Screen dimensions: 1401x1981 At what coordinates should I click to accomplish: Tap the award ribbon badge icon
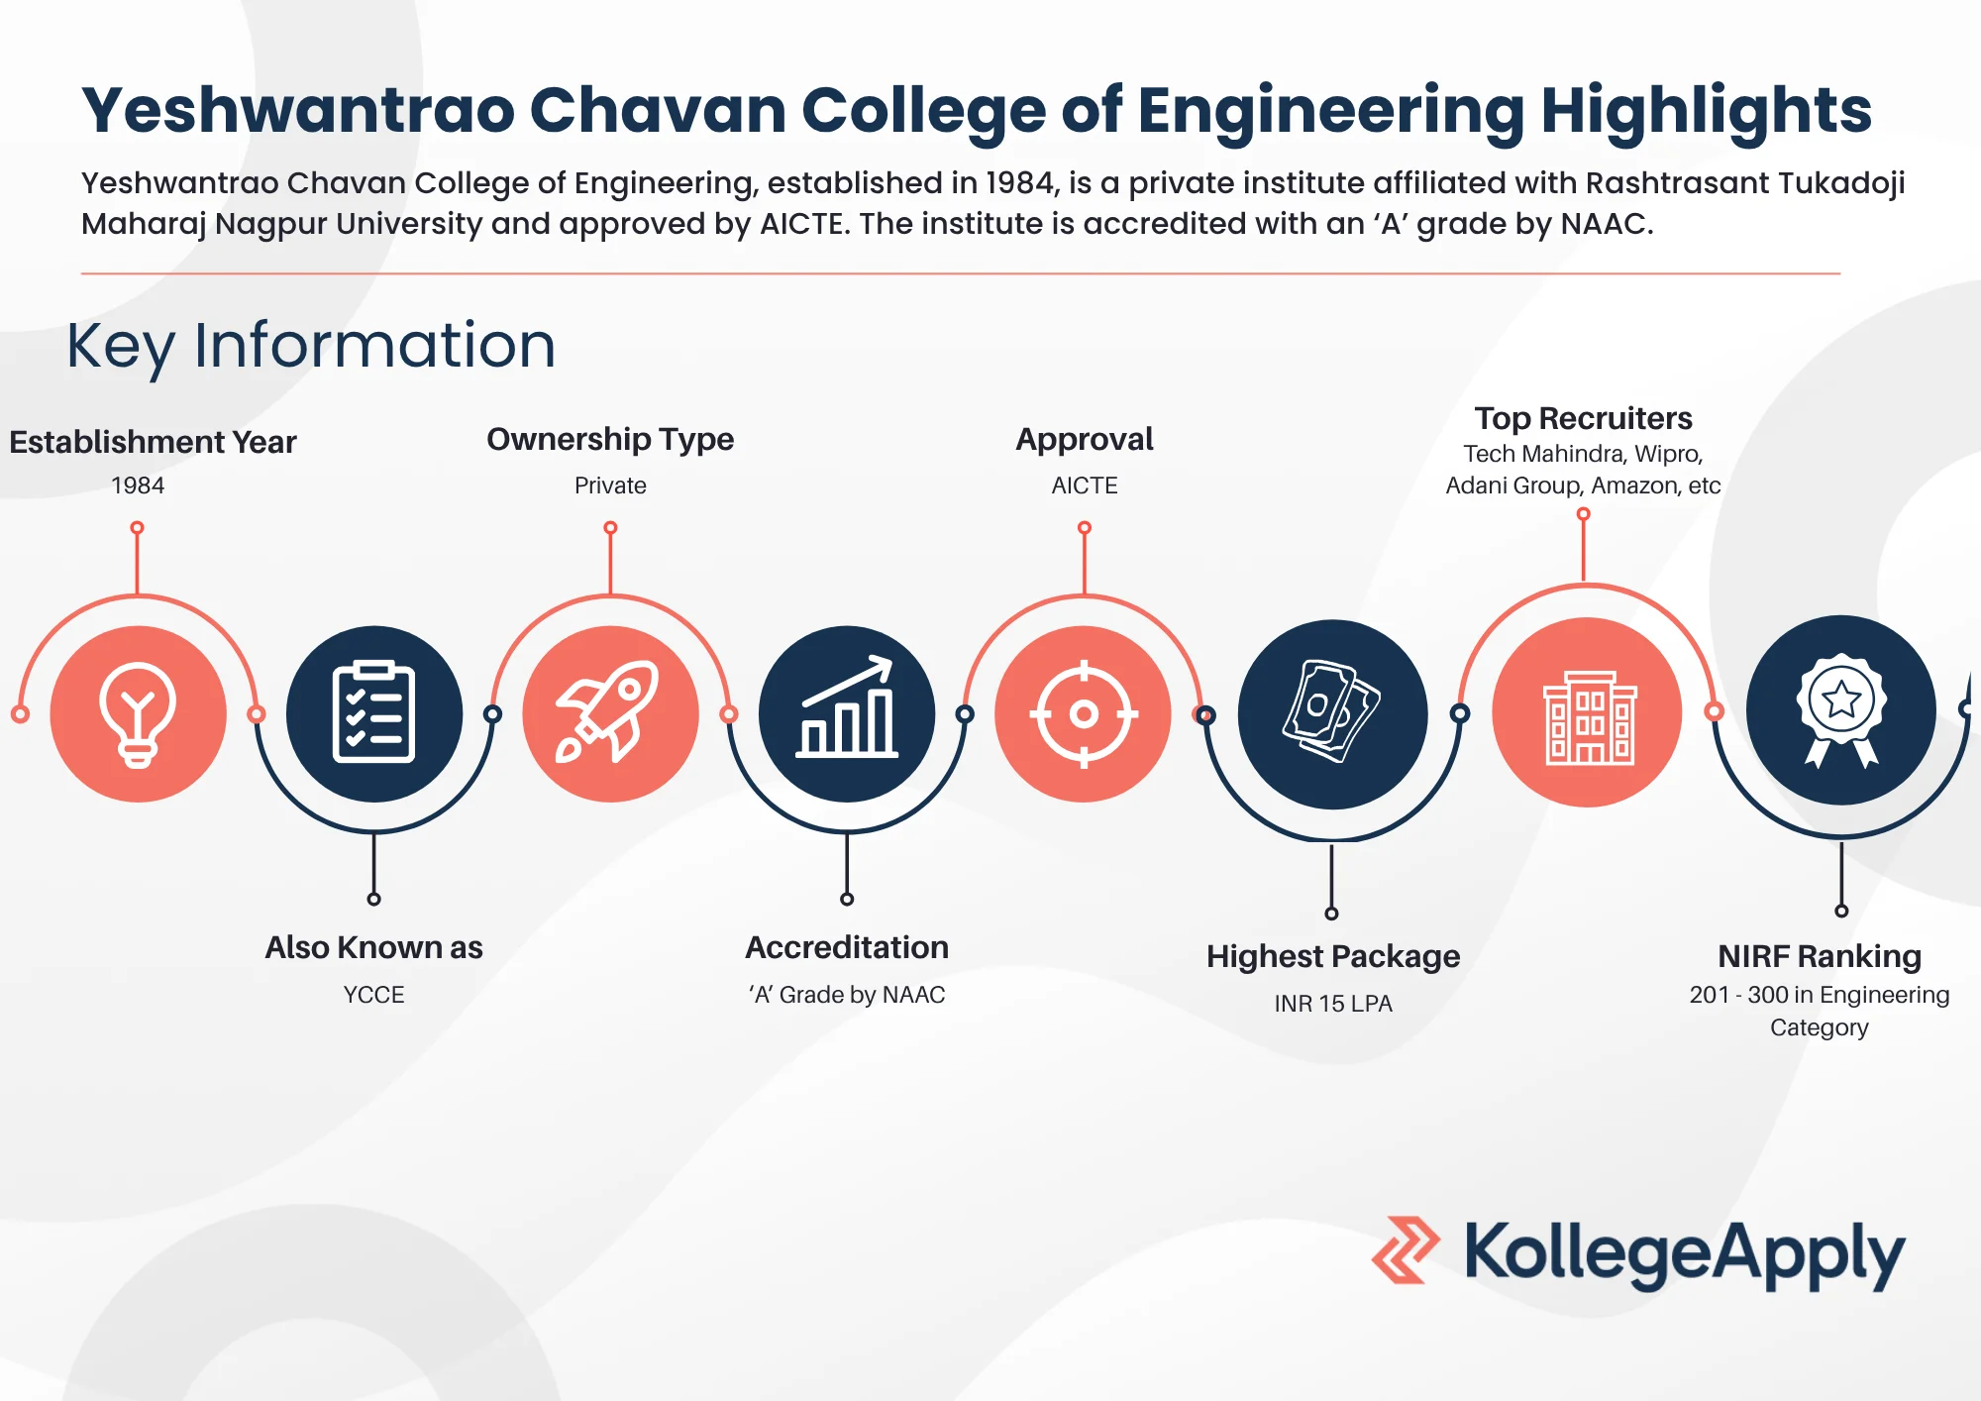pos(1841,709)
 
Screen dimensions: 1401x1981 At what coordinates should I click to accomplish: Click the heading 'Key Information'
pos(311,346)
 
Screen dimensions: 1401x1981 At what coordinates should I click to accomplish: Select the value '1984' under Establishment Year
pos(138,485)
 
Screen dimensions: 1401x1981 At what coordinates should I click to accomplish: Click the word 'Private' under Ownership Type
pos(610,485)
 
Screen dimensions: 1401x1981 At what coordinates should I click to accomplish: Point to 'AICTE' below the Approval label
pos(1085,485)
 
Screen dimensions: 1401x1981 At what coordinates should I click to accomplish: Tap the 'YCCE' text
pos(373,995)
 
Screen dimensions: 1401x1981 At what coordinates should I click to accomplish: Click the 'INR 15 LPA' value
pos(1333,1004)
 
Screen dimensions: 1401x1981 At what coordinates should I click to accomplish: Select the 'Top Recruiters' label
pos(1583,418)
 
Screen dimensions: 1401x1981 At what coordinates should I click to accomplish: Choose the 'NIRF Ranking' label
pos(1820,956)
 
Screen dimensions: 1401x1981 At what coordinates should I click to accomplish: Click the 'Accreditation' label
pos(847,947)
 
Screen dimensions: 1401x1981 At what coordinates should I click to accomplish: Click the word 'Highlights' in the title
pos(1706,110)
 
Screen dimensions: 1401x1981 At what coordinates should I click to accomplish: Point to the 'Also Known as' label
pos(373,947)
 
